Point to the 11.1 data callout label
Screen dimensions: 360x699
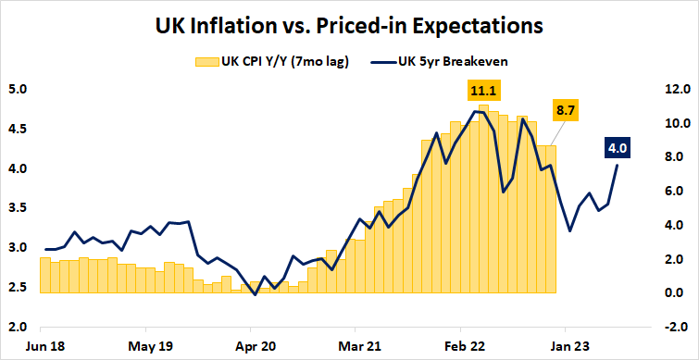483,91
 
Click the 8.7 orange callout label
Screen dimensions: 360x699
566,110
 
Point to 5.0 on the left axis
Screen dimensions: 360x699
19,90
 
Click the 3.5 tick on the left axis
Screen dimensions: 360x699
19,208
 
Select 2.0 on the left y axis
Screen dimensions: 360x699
19,327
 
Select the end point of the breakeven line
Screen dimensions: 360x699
618,164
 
